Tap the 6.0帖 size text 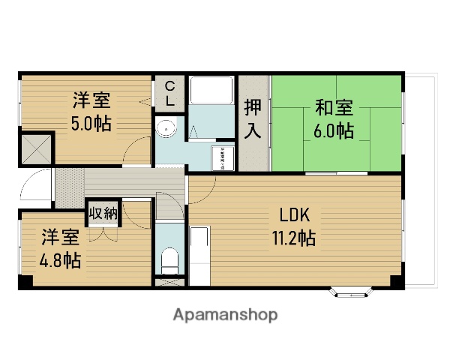click(x=334, y=130)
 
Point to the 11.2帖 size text click(x=293, y=238)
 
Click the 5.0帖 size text click(x=91, y=123)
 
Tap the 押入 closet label click(x=253, y=118)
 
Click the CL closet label click(x=170, y=93)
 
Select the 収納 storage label click(x=103, y=213)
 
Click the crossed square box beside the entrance click(x=36, y=149)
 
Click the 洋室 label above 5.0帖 click(x=91, y=100)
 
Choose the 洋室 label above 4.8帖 click(x=61, y=238)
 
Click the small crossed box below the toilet click(x=170, y=284)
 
